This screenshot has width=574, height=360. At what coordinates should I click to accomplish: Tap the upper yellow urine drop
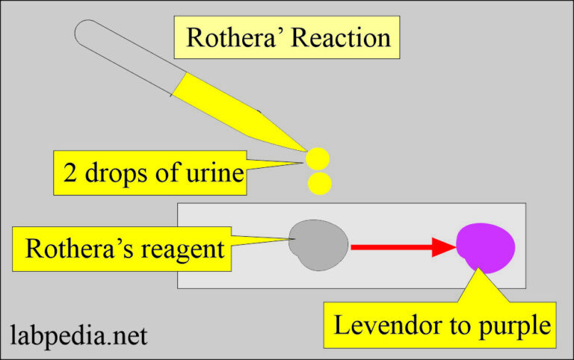318,158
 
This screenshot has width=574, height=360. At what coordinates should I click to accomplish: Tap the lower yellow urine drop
319,183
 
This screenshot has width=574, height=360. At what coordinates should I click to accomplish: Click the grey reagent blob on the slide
318,245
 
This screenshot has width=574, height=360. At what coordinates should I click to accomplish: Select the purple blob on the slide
486,246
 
